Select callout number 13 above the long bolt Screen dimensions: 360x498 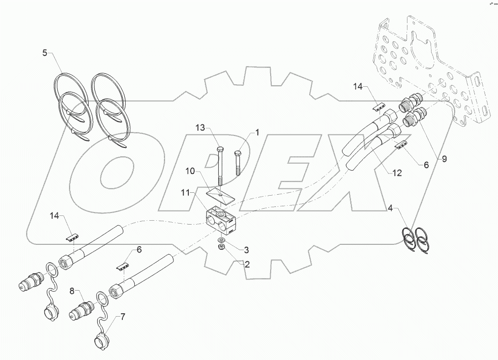[200, 128]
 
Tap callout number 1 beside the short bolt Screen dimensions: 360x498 [257, 132]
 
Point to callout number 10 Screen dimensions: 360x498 [191, 171]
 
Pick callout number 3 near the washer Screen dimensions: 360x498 [246, 250]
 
